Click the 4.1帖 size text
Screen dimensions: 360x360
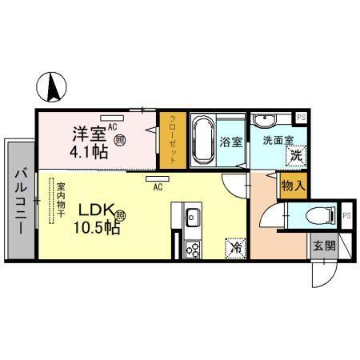pyautogui.click(x=89, y=153)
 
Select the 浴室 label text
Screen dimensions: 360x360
pyautogui.click(x=230, y=145)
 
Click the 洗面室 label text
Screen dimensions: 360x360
pyautogui.click(x=274, y=141)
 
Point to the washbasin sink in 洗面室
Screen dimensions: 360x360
pyautogui.click(x=266, y=121)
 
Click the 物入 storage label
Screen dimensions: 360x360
pyautogui.click(x=292, y=186)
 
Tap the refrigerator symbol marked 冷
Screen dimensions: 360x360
pyautogui.click(x=236, y=248)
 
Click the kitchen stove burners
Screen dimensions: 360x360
pyautogui.click(x=193, y=249)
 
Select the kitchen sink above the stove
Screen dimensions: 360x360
pyautogui.click(x=192, y=216)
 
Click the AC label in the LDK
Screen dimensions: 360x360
pyautogui.click(x=158, y=188)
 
